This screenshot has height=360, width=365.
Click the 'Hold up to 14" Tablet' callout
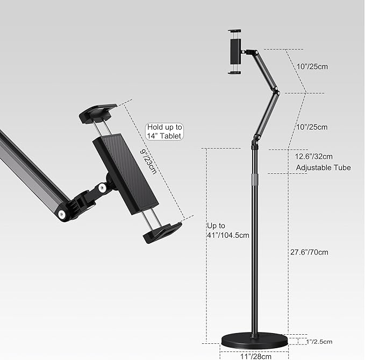coord(164,132)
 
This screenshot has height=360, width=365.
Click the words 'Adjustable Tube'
coord(323,168)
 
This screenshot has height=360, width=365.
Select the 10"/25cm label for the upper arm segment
coord(312,67)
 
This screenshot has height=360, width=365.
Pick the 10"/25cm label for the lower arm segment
coord(312,127)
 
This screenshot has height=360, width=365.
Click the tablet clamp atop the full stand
coord(235,52)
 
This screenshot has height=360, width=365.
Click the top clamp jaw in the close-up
coord(98,114)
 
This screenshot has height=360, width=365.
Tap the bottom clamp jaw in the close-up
coord(161,232)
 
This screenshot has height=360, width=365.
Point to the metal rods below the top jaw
coord(103,129)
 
